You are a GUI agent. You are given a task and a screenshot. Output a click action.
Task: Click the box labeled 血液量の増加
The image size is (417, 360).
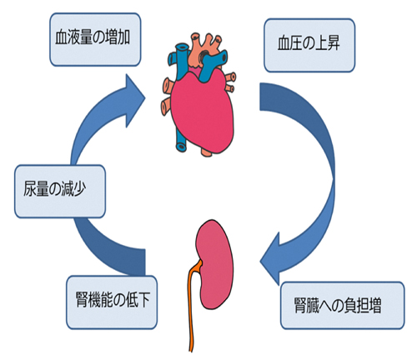pyautogui.click(x=95, y=39)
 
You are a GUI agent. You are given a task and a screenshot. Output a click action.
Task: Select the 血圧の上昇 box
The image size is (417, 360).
pyautogui.click(x=309, y=45)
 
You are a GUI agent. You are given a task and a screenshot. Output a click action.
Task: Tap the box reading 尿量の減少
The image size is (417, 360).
pyautogui.click(x=60, y=192)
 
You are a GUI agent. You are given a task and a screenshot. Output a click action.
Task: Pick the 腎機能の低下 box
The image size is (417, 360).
pyautogui.click(x=112, y=302)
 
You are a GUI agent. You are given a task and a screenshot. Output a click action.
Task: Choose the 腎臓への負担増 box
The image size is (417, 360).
pyautogui.click(x=343, y=306)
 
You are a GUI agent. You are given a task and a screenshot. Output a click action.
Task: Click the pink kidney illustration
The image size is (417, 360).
pyautogui.click(x=215, y=264)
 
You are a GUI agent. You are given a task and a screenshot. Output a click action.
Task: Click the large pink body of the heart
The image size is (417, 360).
pyautogui.click(x=203, y=111)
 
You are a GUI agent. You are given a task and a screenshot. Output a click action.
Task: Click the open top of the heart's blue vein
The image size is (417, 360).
pyautogui.click(x=182, y=48)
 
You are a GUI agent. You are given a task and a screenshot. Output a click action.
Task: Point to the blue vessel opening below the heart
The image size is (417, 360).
pyautogui.click(x=181, y=147)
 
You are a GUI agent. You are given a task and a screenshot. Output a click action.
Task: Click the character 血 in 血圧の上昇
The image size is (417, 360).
pyautogui.click(x=284, y=43)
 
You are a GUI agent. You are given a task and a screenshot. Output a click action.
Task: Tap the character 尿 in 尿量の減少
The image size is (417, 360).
pyautogui.click(x=29, y=189)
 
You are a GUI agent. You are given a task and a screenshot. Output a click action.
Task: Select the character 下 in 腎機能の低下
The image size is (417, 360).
pyautogui.click(x=145, y=300)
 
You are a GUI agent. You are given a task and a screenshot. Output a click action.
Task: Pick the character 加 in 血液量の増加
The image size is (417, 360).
pyautogui.click(x=123, y=37)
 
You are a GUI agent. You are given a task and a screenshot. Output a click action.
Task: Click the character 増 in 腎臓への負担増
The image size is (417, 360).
pyautogui.click(x=374, y=305)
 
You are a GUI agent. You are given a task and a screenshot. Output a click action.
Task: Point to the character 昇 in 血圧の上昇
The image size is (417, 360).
pyautogui.click(x=334, y=43)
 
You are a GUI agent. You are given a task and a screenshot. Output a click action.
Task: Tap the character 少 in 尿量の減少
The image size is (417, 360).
pyautogui.click(x=79, y=189)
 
